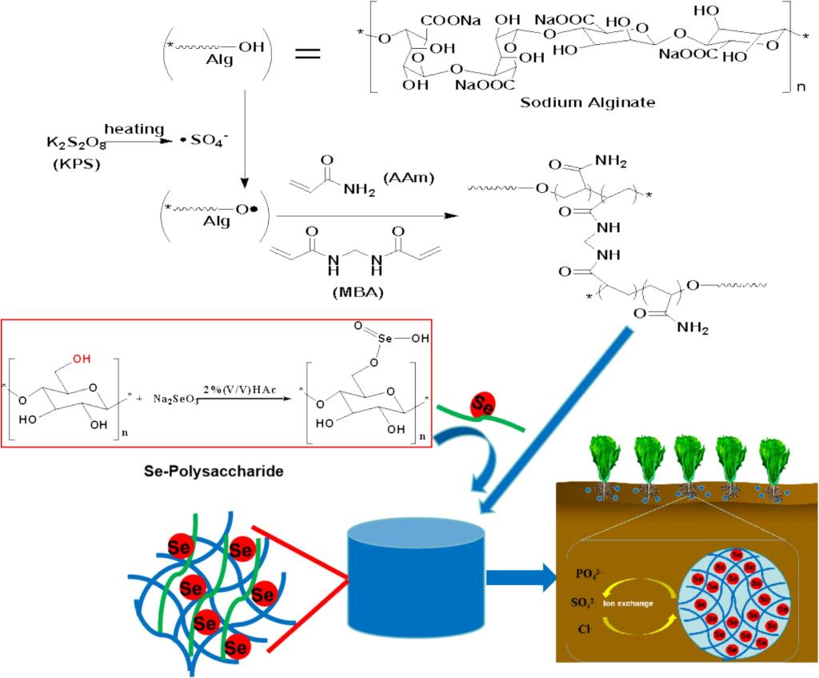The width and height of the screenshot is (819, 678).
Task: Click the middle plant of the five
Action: pos(688,464)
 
